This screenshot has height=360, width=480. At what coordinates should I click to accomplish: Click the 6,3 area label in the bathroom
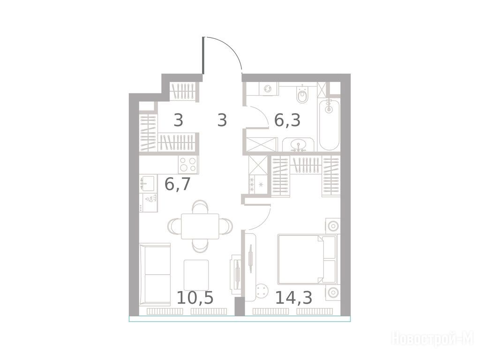click(x=287, y=120)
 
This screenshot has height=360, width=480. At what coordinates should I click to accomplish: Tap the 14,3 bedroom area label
click(x=293, y=298)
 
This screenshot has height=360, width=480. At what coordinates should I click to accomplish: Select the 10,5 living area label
click(x=195, y=298)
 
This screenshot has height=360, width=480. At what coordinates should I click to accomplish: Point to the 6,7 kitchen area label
click(x=178, y=184)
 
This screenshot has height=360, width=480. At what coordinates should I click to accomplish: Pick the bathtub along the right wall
click(x=330, y=124)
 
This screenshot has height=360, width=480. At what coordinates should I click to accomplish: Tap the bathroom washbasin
click(x=299, y=144)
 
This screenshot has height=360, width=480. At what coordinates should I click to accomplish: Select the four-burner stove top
click(x=188, y=165)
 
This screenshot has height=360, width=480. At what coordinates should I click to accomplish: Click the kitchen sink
click(x=148, y=183)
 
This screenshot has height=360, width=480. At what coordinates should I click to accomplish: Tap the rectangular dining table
click(x=200, y=226)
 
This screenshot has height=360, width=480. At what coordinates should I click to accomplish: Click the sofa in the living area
click(x=155, y=275)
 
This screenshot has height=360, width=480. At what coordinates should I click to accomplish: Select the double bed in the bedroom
click(x=307, y=259)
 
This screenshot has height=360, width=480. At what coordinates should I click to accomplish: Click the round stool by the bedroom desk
click(x=262, y=291)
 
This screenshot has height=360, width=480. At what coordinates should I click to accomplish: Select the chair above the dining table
click(x=200, y=207)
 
